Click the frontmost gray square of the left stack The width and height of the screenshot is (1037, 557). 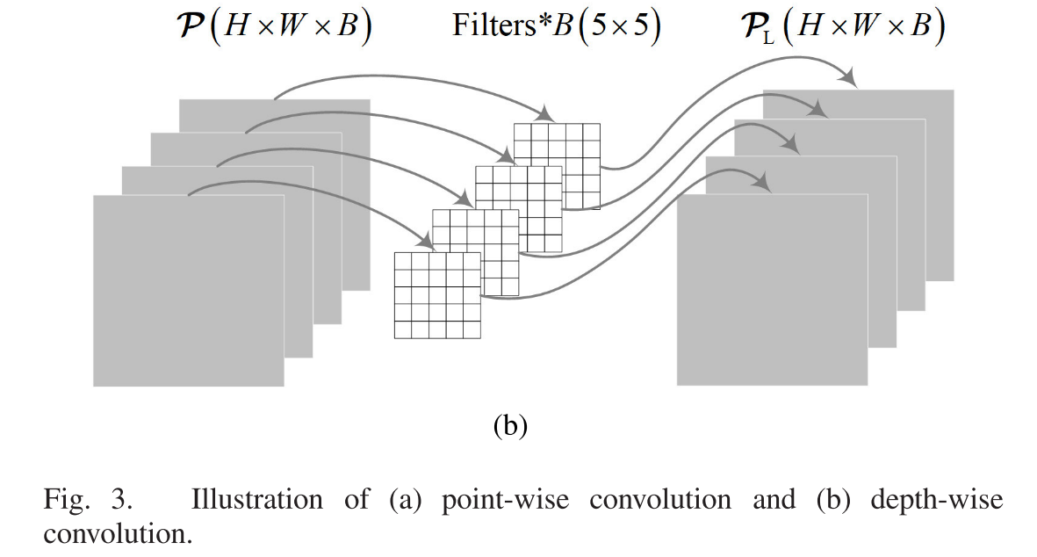coord(188,290)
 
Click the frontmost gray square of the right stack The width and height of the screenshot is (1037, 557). coord(772,290)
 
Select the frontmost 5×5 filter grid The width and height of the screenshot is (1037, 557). coord(437,295)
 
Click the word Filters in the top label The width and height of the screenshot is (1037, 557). coord(494,25)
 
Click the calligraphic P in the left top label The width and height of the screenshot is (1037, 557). coord(193,26)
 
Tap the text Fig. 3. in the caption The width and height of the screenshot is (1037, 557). coord(88,500)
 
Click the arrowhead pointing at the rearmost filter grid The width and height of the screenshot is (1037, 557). coord(545,115)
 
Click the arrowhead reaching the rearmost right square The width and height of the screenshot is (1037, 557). coord(848,78)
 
